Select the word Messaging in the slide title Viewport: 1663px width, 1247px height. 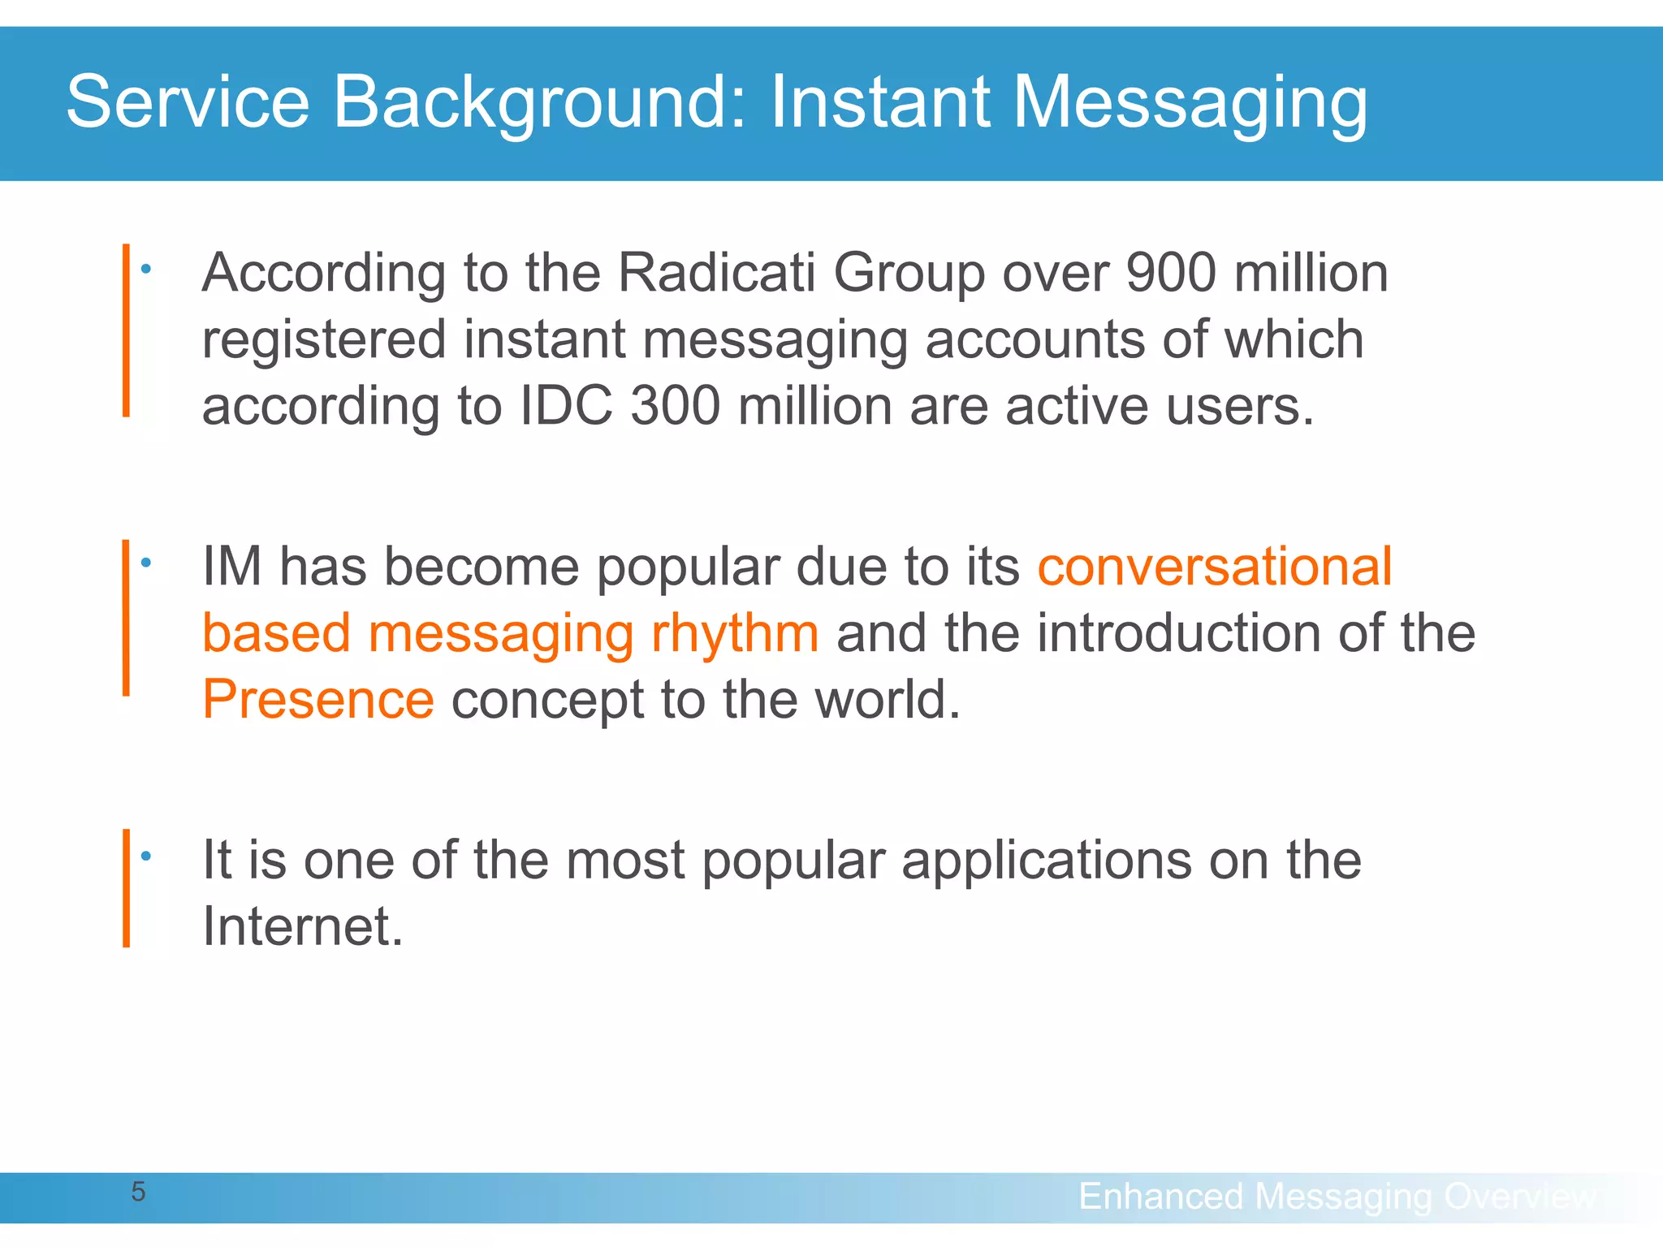[1190, 104]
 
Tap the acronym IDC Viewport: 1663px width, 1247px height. [566, 405]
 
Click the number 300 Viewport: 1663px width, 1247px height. [676, 405]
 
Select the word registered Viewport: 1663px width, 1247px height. [324, 340]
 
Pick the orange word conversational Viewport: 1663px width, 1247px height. [1215, 566]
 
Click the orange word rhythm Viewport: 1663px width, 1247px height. [735, 633]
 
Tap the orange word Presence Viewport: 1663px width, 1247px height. [318, 699]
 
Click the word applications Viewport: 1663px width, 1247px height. [1047, 861]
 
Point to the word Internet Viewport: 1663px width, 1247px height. [302, 926]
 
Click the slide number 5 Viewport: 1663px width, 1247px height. [139, 1192]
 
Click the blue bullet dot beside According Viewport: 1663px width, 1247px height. [146, 269]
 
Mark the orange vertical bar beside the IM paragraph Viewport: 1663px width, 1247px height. [126, 617]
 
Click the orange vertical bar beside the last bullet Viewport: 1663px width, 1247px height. [126, 888]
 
